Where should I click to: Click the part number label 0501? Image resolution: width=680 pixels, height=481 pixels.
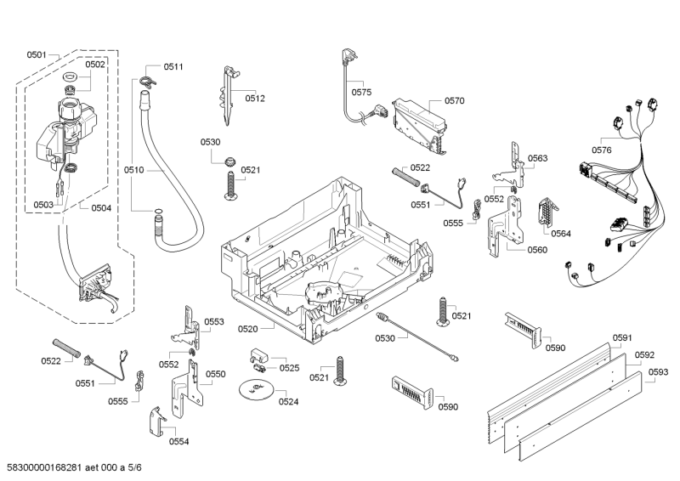[x=36, y=54]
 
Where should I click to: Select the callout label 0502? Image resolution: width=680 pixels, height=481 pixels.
[x=95, y=65]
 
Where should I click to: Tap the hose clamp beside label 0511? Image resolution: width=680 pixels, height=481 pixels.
[x=149, y=82]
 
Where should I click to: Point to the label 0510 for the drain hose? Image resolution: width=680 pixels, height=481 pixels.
[x=133, y=170]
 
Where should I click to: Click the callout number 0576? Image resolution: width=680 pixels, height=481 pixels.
[x=602, y=150]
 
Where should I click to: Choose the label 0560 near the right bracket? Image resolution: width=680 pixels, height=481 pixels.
[x=536, y=250]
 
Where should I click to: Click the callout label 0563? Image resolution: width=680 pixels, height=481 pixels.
[x=537, y=158]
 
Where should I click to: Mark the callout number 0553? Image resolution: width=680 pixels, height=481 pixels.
[x=213, y=322]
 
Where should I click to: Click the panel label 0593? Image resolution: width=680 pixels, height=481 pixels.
[x=658, y=371]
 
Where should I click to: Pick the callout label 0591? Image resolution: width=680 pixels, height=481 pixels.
[x=622, y=337]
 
